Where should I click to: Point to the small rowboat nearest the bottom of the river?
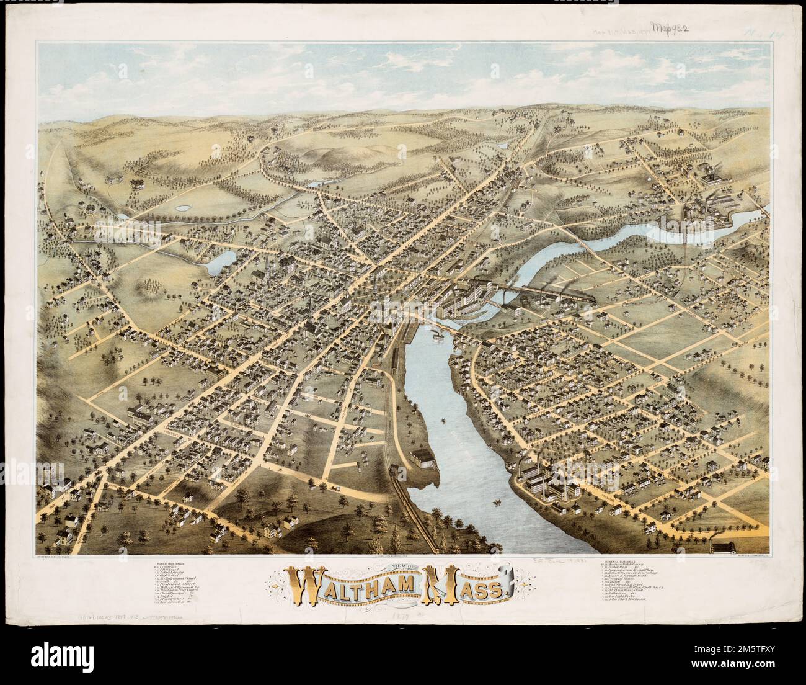(497, 500)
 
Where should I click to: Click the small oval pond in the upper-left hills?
(183, 208)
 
